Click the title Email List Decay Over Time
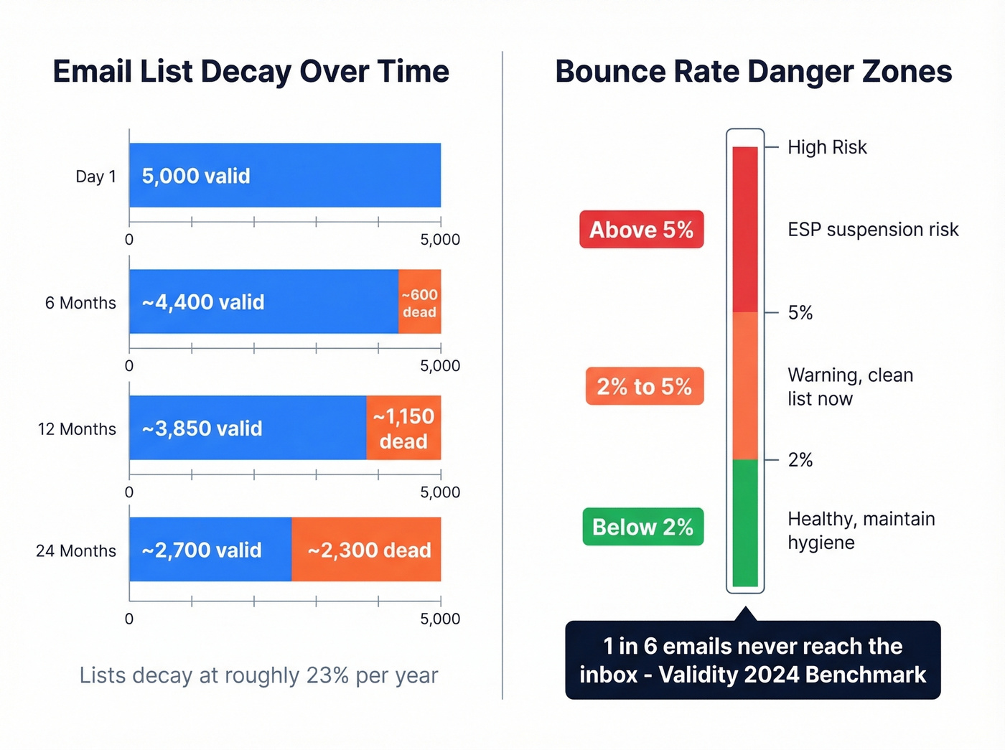pyautogui.click(x=251, y=72)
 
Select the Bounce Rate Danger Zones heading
pyautogui.click(x=753, y=72)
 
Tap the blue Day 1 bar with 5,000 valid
pyautogui.click(x=285, y=175)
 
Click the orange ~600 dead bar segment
pyautogui.click(x=419, y=302)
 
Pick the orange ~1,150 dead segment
pyautogui.click(x=403, y=428)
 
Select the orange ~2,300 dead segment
pyautogui.click(x=366, y=550)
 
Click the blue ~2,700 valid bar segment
pyautogui.click(x=210, y=550)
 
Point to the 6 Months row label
pyautogui.click(x=80, y=303)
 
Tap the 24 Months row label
pyautogui.click(x=76, y=550)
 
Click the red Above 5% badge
pyautogui.click(x=641, y=230)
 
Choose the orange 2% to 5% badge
pyautogui.click(x=644, y=386)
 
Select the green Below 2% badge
pyautogui.click(x=642, y=527)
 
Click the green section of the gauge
pyautogui.click(x=745, y=522)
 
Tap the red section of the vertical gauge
pyautogui.click(x=745, y=230)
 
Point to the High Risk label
pyautogui.click(x=827, y=147)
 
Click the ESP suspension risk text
pyautogui.click(x=873, y=230)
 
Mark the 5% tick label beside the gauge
pyautogui.click(x=800, y=313)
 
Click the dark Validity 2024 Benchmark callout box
pyautogui.click(x=752, y=660)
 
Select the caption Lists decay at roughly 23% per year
pyautogui.click(x=258, y=675)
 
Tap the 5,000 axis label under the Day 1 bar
pyautogui.click(x=440, y=240)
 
